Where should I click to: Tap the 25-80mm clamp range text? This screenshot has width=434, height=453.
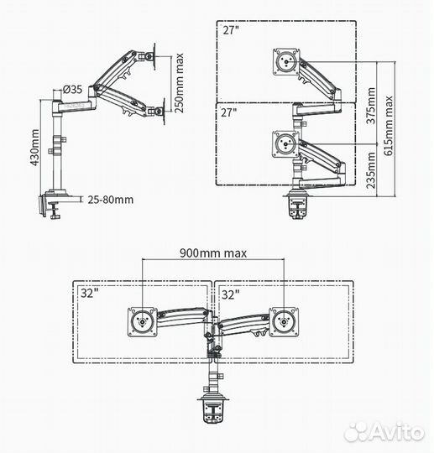(x=111, y=200)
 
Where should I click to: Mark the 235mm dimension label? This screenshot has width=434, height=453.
(x=372, y=173)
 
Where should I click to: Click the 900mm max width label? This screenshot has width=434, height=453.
(x=213, y=252)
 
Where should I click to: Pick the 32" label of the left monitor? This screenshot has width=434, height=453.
(x=90, y=294)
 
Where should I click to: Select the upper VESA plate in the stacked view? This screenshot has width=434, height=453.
(x=286, y=64)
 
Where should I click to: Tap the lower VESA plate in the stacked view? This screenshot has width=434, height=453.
(x=286, y=143)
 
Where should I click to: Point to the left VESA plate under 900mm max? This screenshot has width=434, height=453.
(x=143, y=323)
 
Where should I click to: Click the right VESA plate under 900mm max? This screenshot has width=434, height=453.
(x=283, y=323)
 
